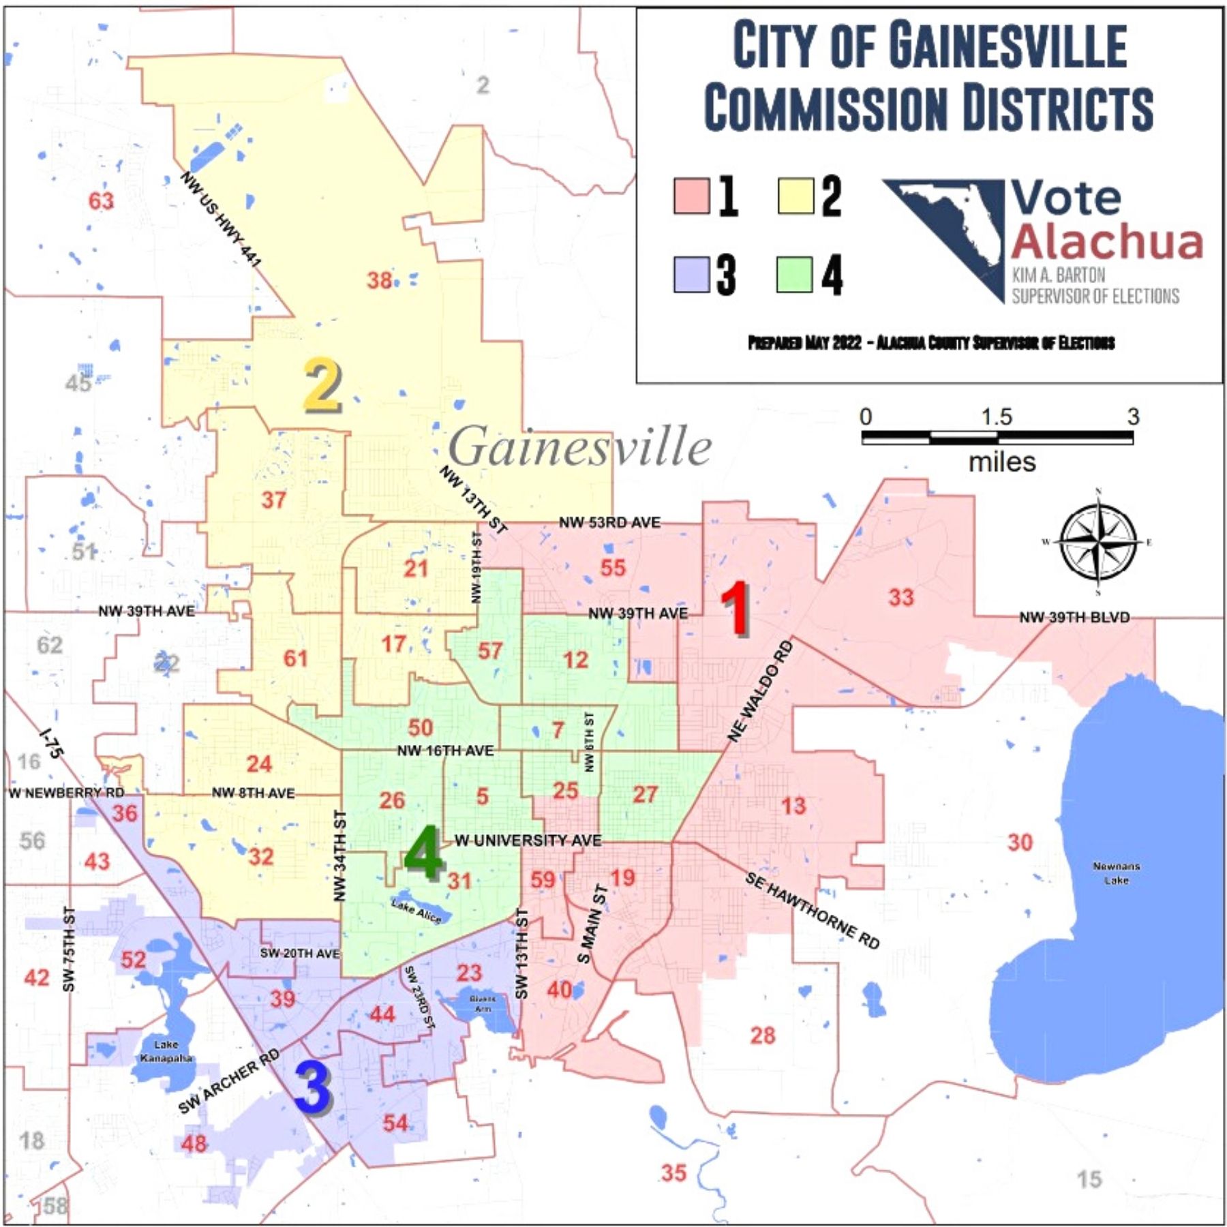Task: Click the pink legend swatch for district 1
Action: (691, 196)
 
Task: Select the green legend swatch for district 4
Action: (794, 275)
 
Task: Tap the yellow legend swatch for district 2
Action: (796, 196)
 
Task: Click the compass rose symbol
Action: (1098, 543)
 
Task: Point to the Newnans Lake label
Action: (1116, 873)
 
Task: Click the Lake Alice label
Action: (416, 910)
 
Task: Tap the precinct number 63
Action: (101, 201)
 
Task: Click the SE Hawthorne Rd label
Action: (811, 910)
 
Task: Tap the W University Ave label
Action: (528, 840)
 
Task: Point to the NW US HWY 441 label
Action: (221, 219)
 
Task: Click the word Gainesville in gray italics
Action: (579, 447)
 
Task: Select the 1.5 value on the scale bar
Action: (996, 416)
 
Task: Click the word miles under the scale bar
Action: (1001, 462)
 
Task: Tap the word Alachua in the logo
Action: (1107, 241)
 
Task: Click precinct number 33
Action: (900, 597)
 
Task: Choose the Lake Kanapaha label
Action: (166, 1050)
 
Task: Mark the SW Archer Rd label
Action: (229, 1081)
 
